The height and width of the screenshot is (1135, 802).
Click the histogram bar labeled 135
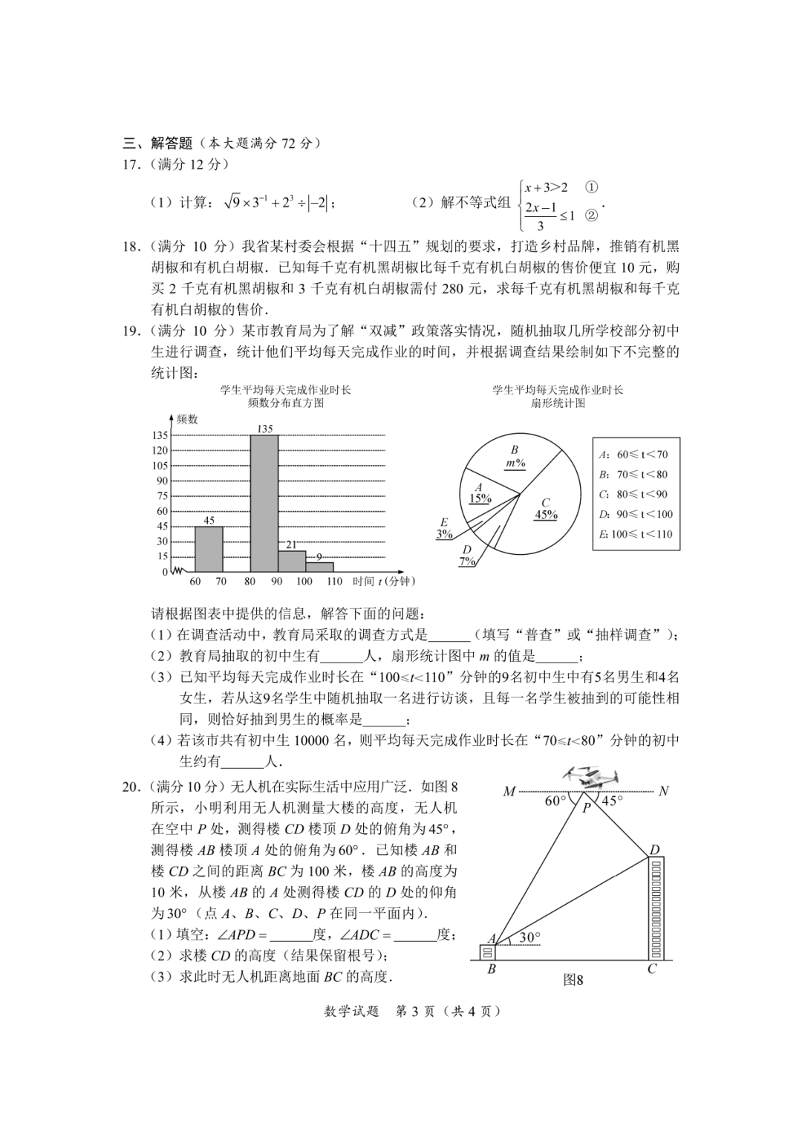[x=264, y=504]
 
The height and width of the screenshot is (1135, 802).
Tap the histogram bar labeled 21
[x=292, y=561]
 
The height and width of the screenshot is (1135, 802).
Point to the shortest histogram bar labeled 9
[x=319, y=567]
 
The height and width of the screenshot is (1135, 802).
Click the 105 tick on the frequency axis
[x=160, y=466]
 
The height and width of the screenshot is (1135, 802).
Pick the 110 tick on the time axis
[x=333, y=582]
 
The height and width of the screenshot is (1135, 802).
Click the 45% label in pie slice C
[x=546, y=515]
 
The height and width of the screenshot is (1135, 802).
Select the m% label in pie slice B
[x=515, y=463]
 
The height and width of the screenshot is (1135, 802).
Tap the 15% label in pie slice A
[x=480, y=498]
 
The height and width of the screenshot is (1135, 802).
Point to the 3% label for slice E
[x=444, y=534]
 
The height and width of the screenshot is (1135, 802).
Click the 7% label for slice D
[x=467, y=562]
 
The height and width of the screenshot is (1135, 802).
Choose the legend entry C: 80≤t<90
[x=633, y=494]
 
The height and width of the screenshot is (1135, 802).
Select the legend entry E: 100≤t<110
[x=636, y=534]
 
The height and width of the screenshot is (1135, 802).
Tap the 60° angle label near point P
[x=555, y=801]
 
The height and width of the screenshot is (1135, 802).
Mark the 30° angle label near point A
[x=529, y=937]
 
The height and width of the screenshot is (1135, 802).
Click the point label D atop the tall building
[x=654, y=851]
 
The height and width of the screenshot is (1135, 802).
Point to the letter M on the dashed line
[x=509, y=792]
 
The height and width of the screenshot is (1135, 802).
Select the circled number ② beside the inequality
[x=592, y=216]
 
